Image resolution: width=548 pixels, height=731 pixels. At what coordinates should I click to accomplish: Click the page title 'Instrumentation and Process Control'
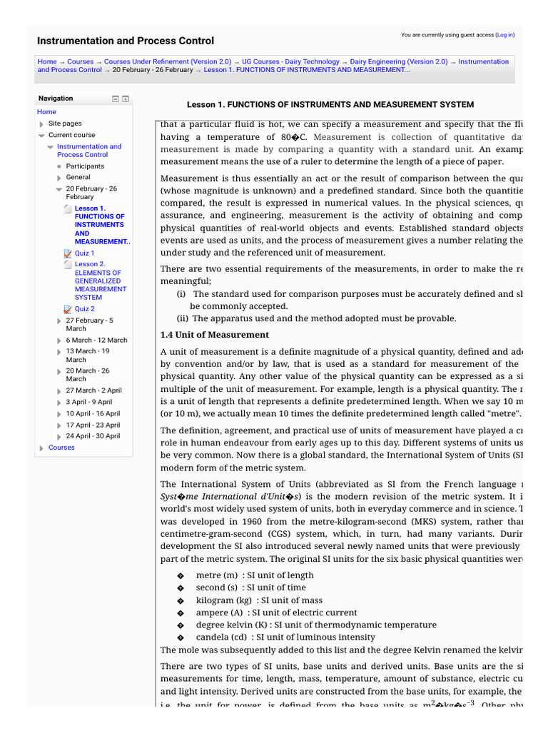(125, 41)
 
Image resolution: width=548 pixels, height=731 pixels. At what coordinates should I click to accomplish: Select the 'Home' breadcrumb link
(46, 62)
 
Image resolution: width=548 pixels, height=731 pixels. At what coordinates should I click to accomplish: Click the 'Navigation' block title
(56, 99)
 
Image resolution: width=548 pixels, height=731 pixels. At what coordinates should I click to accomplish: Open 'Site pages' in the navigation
(65, 123)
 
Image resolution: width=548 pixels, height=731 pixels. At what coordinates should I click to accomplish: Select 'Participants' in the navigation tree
(85, 166)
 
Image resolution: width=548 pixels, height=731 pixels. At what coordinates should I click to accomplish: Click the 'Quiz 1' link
(84, 253)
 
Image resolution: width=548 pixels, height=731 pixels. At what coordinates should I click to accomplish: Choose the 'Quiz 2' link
(84, 309)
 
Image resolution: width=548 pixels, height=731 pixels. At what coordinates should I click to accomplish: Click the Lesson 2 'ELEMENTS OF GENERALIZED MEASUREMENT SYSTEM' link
(98, 281)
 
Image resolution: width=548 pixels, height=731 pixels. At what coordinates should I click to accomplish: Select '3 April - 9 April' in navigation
(88, 402)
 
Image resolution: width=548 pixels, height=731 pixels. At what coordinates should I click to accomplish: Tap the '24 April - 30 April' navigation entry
(93, 436)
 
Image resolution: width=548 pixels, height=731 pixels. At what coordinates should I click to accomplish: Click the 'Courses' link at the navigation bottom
(61, 448)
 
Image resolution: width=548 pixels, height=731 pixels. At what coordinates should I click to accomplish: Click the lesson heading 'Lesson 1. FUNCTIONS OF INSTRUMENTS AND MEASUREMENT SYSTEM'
(330, 104)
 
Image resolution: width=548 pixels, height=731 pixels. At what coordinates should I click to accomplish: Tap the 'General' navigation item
(78, 177)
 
